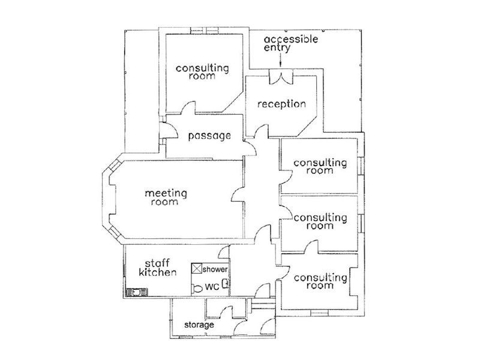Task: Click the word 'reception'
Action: coord(281,104)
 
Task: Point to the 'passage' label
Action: coord(209,136)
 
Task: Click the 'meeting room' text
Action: coord(166,197)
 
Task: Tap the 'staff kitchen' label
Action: coord(157,268)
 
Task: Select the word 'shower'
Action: coord(215,269)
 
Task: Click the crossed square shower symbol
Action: coord(196,269)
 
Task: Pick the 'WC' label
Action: coord(211,287)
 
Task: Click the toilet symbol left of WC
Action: coord(197,288)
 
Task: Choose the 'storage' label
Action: coord(199,325)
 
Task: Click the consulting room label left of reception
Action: coord(202,72)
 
